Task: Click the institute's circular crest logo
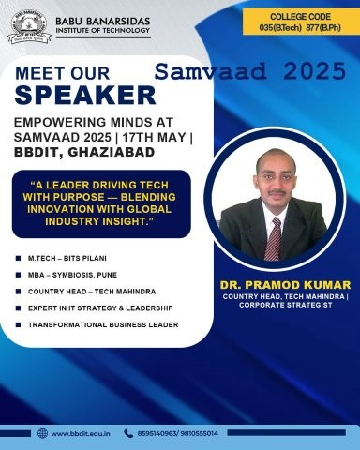tap(30, 27)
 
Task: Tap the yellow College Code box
tap(301, 22)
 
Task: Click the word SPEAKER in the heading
tap(85, 95)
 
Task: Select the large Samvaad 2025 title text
tap(250, 71)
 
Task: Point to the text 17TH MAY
tap(155, 137)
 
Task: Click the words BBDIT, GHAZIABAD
tap(84, 152)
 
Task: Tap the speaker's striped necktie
tap(274, 239)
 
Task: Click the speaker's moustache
tap(277, 192)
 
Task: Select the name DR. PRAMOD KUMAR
tap(285, 285)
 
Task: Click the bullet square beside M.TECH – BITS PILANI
tap(18, 259)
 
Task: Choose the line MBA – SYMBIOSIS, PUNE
tap(72, 275)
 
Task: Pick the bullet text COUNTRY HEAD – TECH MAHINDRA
tap(92, 292)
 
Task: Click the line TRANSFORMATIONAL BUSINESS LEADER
tap(103, 325)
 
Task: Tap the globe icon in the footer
tap(42, 433)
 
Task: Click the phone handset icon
tap(128, 433)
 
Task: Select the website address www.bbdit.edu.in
tap(81, 434)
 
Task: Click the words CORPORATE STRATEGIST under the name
tap(286, 305)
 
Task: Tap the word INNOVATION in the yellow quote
tap(59, 209)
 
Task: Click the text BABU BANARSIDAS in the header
tap(103, 22)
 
